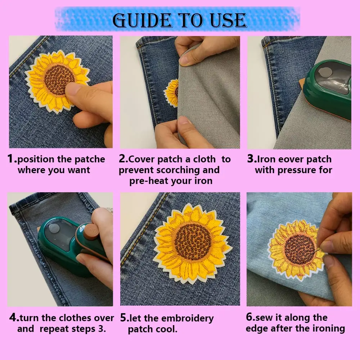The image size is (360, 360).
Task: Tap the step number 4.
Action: (14, 318)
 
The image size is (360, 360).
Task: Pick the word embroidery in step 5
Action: (188, 318)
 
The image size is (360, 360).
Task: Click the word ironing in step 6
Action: (329, 328)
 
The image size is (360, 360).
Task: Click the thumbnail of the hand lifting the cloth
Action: (180, 92)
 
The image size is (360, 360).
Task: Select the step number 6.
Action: (250, 318)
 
